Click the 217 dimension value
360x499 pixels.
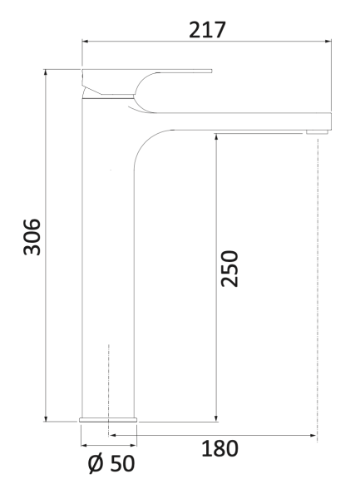pos(208,30)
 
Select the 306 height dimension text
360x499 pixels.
pos(31,237)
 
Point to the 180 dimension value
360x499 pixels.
pos(220,448)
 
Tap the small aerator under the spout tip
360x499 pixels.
pos(317,131)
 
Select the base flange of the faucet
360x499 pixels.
pos(109,418)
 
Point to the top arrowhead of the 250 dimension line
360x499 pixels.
pos(217,134)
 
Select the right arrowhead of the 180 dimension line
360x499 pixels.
pos(313,433)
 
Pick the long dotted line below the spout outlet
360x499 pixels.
pos(318,283)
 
